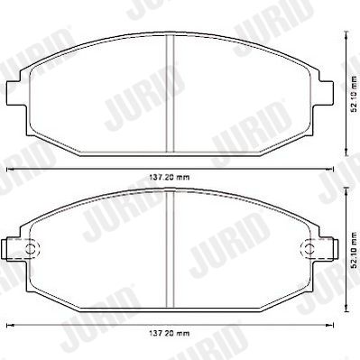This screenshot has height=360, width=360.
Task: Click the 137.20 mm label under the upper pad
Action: (170, 178)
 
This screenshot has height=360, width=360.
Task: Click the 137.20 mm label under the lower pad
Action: (170, 333)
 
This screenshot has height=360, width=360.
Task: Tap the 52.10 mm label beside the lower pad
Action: (355, 251)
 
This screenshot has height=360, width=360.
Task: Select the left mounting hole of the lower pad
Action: (32, 248)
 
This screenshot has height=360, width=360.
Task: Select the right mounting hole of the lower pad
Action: (308, 248)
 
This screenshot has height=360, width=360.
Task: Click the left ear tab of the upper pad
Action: (14, 93)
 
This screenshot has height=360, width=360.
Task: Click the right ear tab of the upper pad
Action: (326, 93)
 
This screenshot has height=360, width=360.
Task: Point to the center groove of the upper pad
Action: (171, 93)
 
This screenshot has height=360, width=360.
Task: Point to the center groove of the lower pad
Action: (171, 249)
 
